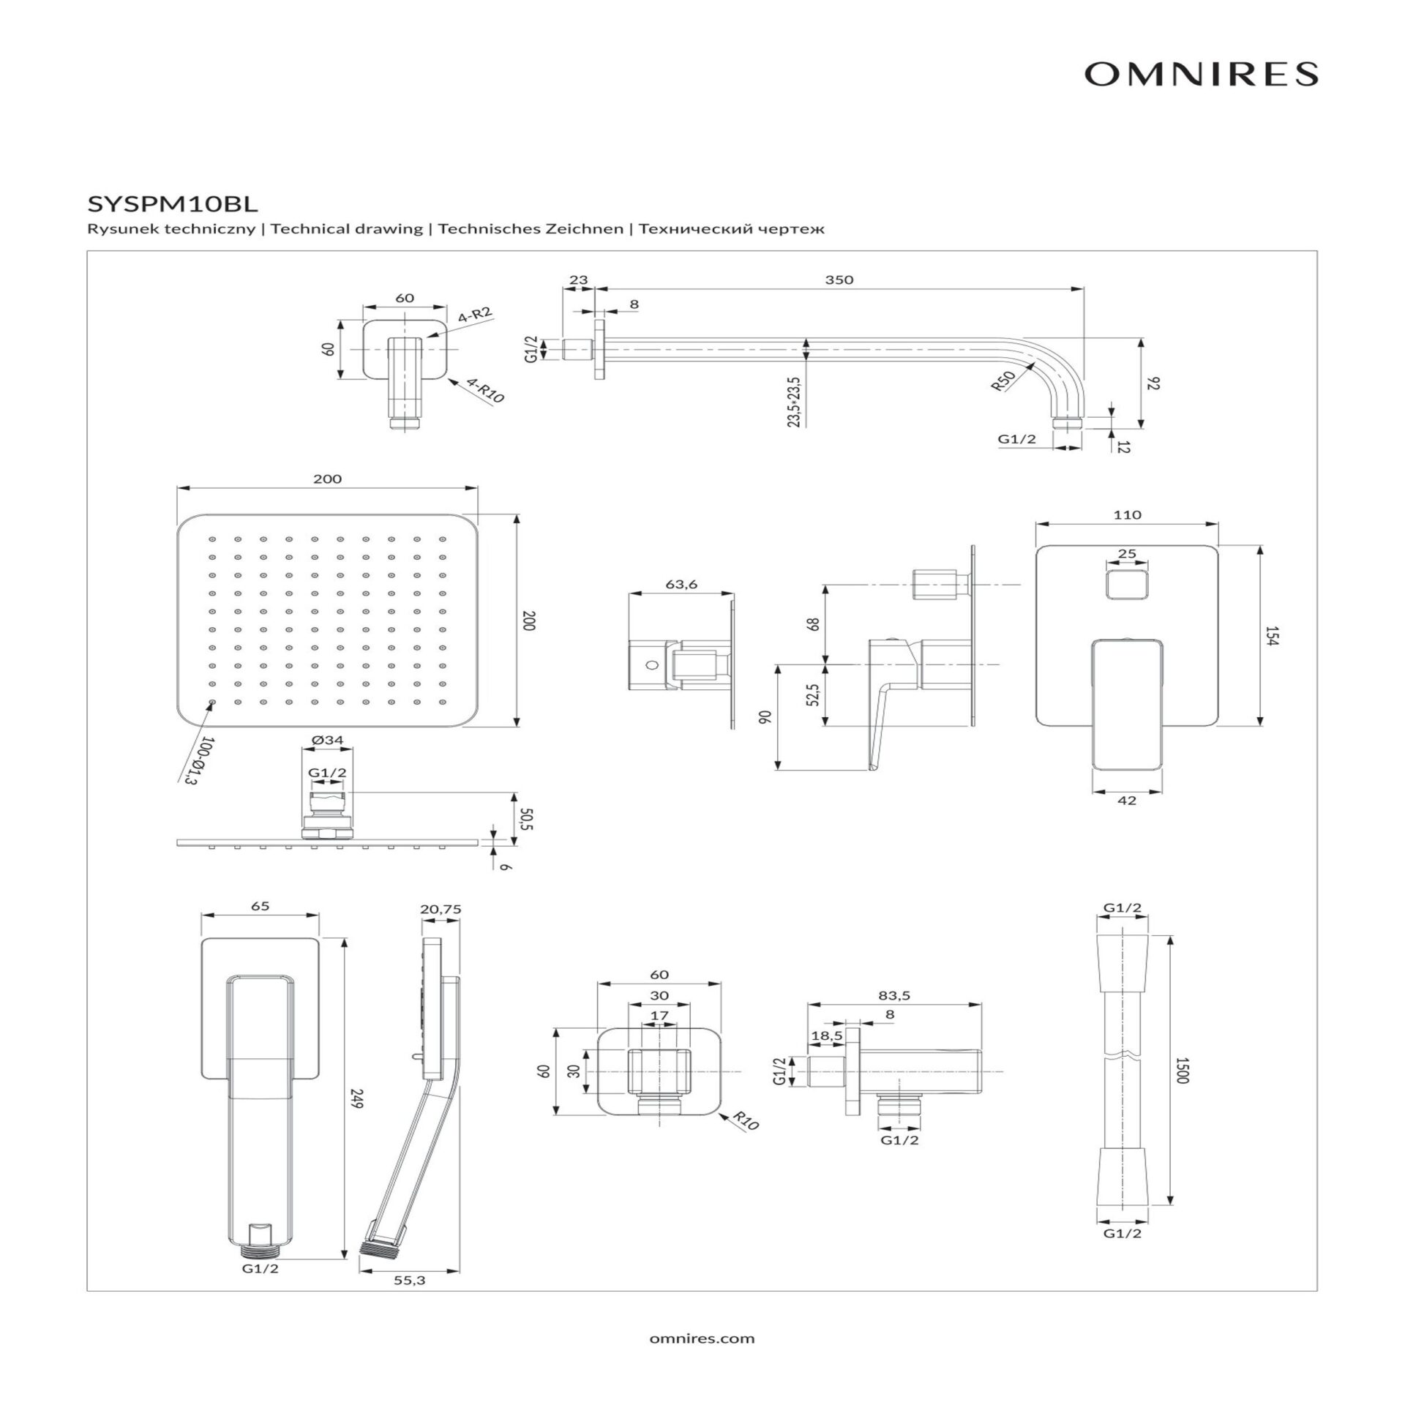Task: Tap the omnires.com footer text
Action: [x=702, y=1338]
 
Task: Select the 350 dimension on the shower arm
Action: [x=839, y=280]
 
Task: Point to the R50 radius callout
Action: [x=1003, y=381]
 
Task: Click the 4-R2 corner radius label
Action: [x=476, y=316]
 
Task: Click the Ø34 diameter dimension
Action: [x=327, y=740]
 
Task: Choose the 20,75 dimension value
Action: [x=441, y=909]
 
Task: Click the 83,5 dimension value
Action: [x=893, y=995]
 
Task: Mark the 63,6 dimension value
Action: [x=681, y=584]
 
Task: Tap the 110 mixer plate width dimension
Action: [x=1127, y=514]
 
